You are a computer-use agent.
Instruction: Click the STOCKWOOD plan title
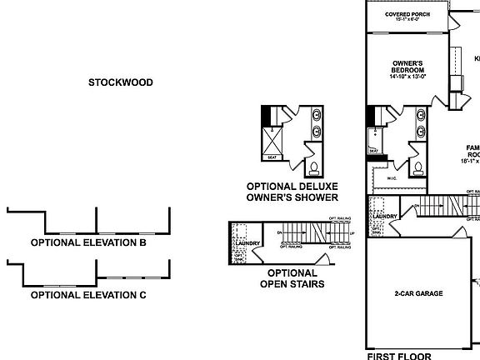(x=121, y=82)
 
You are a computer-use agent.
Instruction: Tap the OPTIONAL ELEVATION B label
(x=88, y=243)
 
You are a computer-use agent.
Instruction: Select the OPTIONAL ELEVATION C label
(x=88, y=295)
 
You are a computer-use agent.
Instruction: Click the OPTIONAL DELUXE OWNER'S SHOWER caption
(x=292, y=192)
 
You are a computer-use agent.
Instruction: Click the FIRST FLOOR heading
(x=399, y=356)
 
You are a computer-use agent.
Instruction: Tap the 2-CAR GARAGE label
(x=417, y=294)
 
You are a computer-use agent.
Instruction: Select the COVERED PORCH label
(x=407, y=15)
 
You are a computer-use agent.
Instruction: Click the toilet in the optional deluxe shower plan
(x=312, y=167)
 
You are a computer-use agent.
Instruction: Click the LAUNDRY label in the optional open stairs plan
(x=247, y=243)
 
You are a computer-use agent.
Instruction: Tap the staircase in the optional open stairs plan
(x=312, y=233)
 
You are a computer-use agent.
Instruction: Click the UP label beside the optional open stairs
(x=352, y=233)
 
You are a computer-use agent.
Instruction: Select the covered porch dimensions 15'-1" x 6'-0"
(x=407, y=22)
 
